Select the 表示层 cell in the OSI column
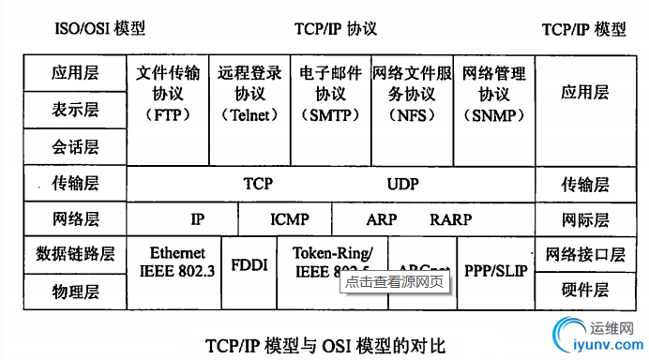[75, 110]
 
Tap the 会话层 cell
[75, 147]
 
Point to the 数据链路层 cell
[75, 254]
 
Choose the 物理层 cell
[75, 292]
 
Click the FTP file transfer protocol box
[168, 94]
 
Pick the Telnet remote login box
[249, 94]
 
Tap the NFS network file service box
[411, 94]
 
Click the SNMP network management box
[493, 94]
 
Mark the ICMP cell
[290, 219]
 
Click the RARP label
[450, 219]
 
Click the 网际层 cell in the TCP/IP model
[586, 219]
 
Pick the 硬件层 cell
[586, 290]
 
